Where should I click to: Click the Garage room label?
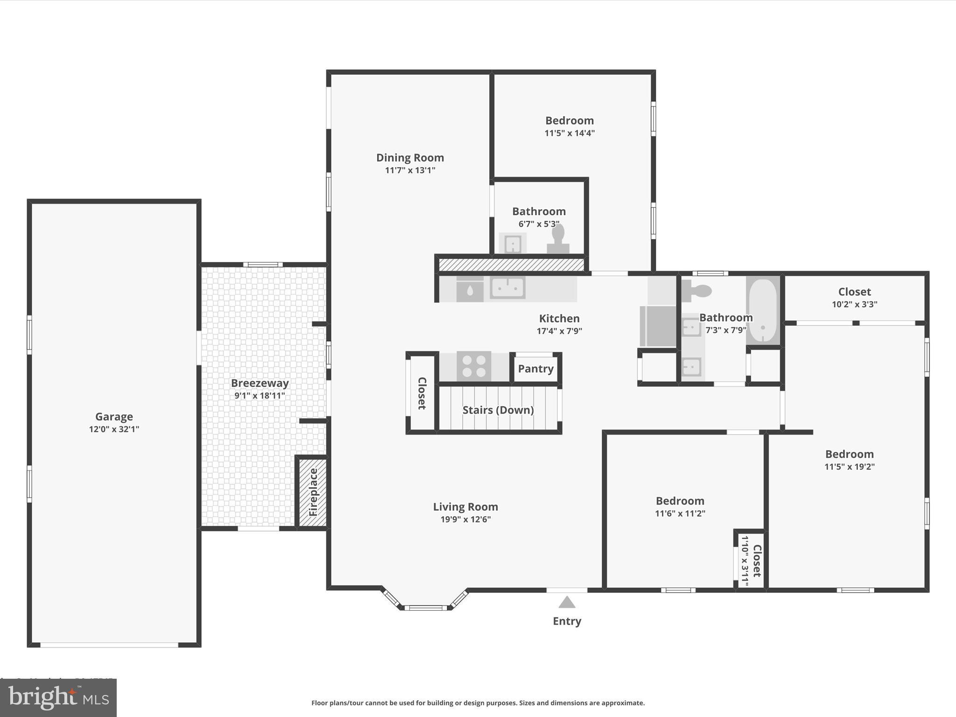(114, 416)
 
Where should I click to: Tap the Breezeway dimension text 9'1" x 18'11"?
(260, 395)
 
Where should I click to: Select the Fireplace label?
(313, 492)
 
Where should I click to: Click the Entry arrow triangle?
(567, 603)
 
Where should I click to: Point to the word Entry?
(567, 621)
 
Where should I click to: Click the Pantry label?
(535, 369)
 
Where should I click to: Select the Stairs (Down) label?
(498, 410)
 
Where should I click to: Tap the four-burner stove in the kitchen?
(474, 366)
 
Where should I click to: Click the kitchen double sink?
(507, 288)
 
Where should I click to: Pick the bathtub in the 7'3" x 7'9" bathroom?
(763, 310)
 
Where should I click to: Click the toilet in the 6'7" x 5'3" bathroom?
(558, 239)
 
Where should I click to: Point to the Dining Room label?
(410, 158)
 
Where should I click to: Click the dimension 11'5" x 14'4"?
(569, 133)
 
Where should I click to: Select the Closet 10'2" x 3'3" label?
(854, 292)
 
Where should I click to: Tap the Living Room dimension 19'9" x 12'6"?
(465, 519)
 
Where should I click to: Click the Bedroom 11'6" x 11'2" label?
(680, 501)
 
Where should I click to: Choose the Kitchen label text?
(559, 318)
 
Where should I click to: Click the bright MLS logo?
(58, 698)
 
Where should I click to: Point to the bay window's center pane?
(425, 607)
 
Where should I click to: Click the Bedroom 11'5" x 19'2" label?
(849, 454)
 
